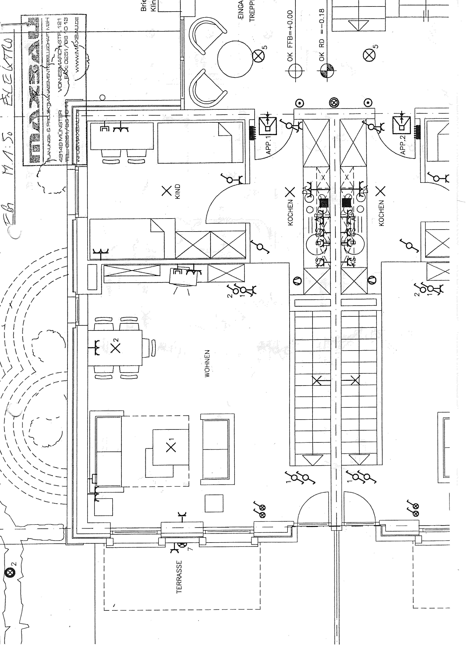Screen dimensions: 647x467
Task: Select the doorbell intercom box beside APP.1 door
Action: (268, 126)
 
